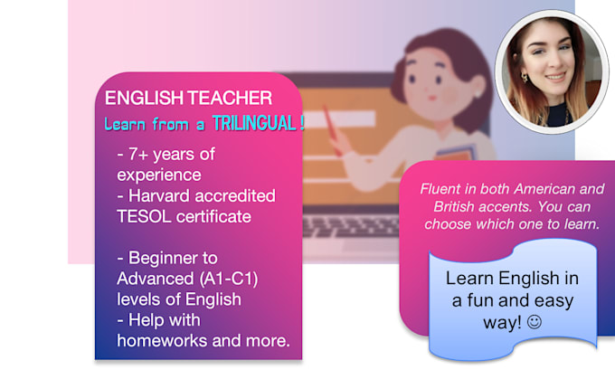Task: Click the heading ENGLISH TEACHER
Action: (188, 98)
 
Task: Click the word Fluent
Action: (441, 188)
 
